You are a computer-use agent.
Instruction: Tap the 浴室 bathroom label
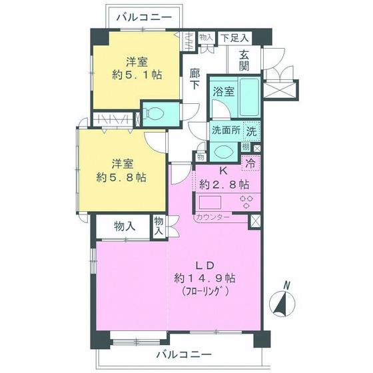coord(223,92)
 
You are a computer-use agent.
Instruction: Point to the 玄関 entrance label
coord(245,61)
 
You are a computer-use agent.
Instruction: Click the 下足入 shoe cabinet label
coord(234,38)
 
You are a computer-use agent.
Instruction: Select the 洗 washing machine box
coord(252,131)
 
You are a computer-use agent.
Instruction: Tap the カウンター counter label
coord(212,218)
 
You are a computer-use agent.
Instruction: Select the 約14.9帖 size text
coord(202,276)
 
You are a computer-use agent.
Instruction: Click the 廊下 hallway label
coord(195,79)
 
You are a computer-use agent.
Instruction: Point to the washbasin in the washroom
coord(224,151)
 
